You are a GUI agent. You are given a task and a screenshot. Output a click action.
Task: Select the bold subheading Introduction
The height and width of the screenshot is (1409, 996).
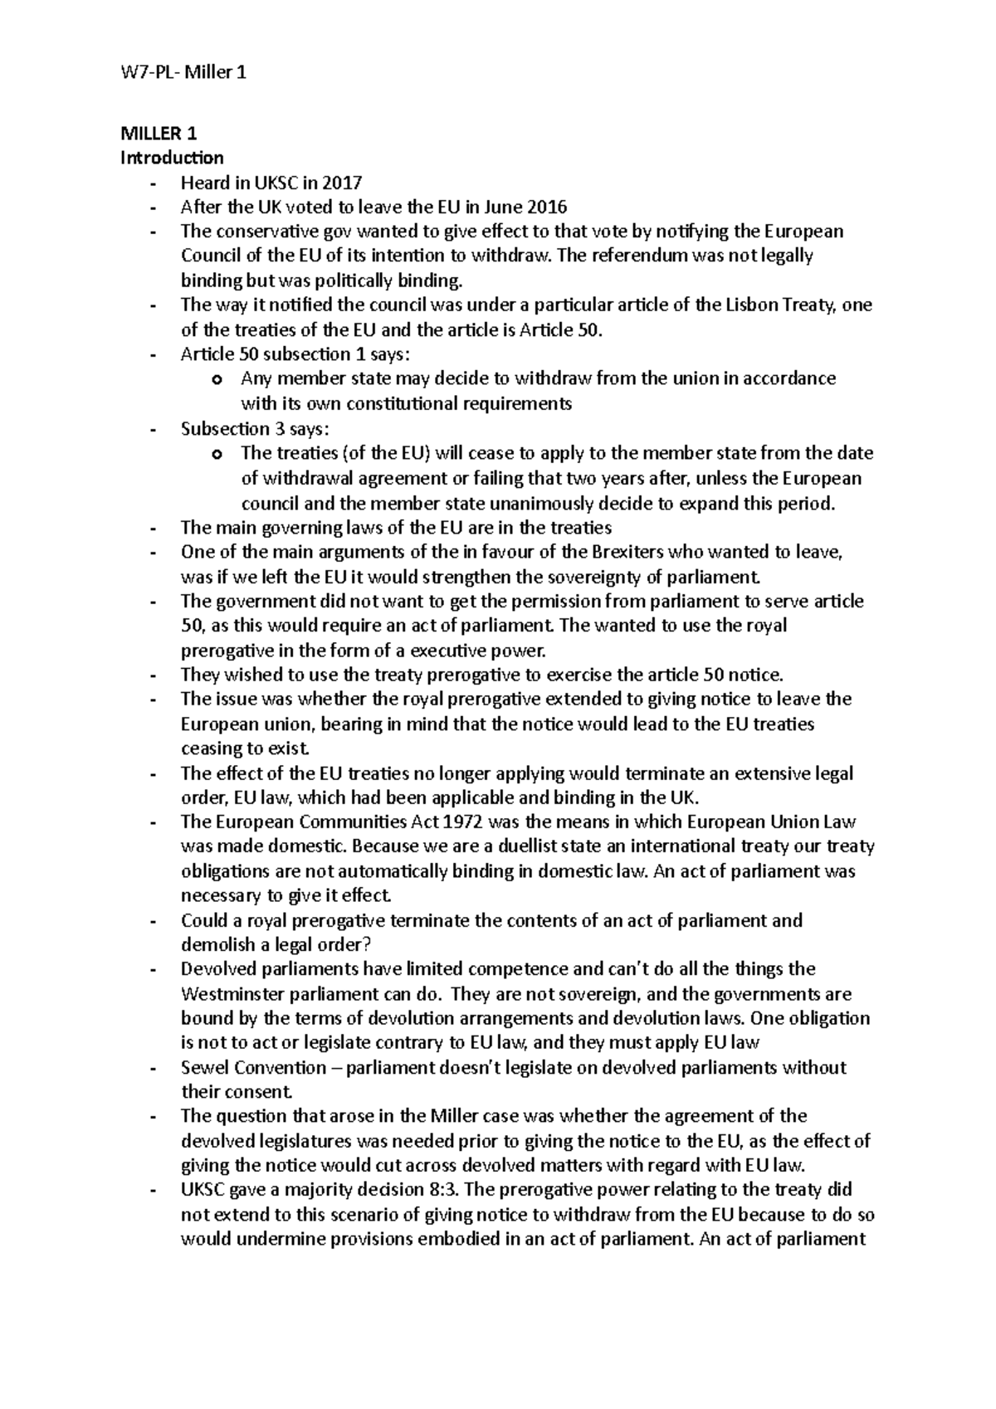click(172, 158)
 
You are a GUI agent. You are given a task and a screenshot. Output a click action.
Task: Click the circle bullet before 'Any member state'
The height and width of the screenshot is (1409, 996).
click(217, 380)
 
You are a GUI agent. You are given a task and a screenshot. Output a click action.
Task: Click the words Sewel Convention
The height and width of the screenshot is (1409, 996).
click(253, 1068)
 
